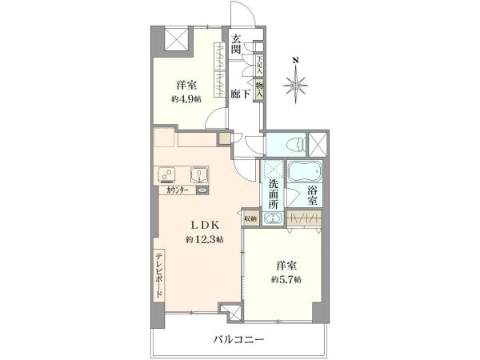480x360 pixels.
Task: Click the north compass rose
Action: point(297,82)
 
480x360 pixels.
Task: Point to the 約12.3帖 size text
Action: point(204,239)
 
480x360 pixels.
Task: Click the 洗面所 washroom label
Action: point(273,194)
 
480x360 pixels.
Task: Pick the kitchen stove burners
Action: point(168,174)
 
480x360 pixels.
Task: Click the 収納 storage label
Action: point(250,218)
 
